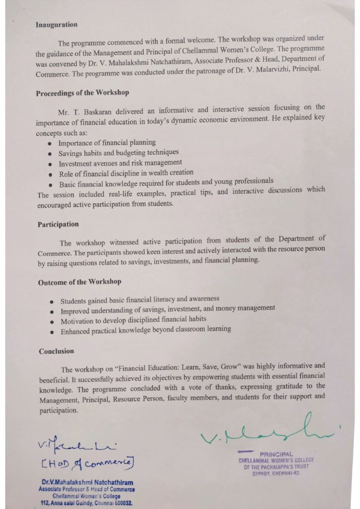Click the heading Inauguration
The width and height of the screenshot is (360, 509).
pos(56,24)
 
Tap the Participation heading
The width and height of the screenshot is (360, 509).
pos(58,224)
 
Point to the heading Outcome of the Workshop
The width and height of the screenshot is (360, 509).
pos(80,282)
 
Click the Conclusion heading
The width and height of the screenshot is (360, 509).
pos(57,351)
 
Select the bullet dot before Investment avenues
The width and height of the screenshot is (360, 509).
pos(50,164)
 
